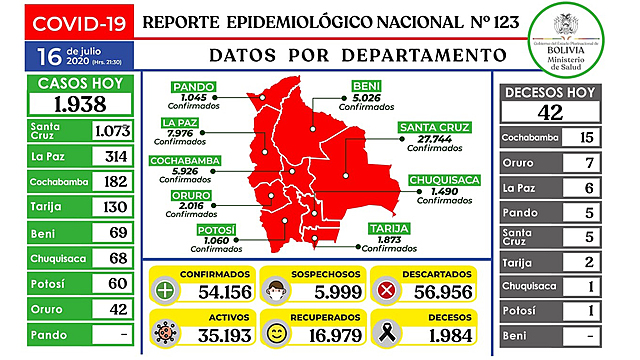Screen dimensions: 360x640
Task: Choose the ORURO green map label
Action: (x=187, y=195)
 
